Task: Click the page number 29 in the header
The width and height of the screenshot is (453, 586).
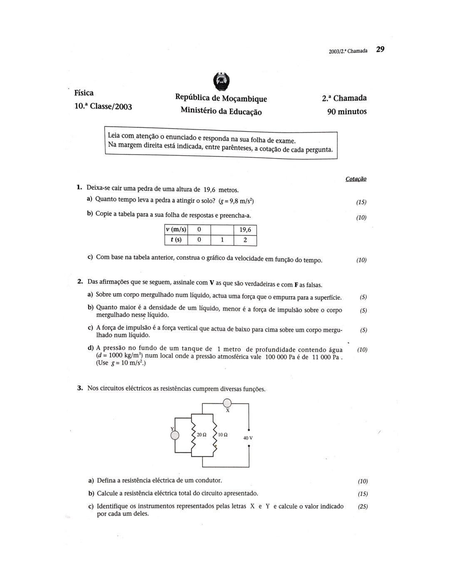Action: [380, 50]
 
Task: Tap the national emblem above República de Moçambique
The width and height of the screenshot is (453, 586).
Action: [221, 81]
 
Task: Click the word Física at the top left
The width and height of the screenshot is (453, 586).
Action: [84, 92]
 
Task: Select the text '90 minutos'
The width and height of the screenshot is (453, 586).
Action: [347, 112]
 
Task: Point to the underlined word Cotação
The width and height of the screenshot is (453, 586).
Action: [356, 179]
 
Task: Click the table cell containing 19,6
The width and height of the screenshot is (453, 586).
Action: [245, 230]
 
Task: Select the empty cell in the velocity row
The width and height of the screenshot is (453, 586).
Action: [222, 230]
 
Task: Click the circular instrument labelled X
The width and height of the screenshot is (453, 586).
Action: [227, 403]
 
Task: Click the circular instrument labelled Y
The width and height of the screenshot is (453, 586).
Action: [175, 435]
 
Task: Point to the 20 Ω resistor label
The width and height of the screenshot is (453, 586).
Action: [202, 435]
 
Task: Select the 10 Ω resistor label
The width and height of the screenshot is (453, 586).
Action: [223, 435]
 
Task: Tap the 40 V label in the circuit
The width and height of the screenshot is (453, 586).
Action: [248, 438]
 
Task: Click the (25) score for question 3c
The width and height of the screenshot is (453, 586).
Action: [363, 507]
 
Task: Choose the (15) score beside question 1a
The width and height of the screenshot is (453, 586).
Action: [361, 202]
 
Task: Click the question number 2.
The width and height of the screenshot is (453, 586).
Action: [80, 282]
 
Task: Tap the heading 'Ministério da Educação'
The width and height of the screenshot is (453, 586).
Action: [221, 111]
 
